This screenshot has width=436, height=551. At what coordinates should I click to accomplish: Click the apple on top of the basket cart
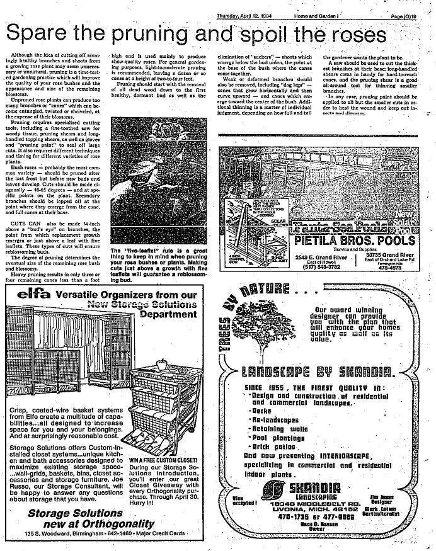[162, 364]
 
